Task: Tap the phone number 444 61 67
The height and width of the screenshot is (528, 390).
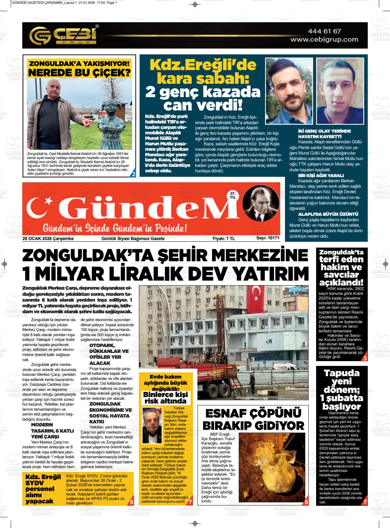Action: (x=324, y=31)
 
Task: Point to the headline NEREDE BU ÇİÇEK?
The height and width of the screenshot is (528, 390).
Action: (x=79, y=72)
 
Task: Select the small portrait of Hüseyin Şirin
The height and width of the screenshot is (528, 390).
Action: (x=152, y=425)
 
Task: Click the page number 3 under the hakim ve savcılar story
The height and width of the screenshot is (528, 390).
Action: (x=365, y=358)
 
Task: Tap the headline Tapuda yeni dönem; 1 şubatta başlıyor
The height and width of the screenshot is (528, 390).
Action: (x=341, y=390)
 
